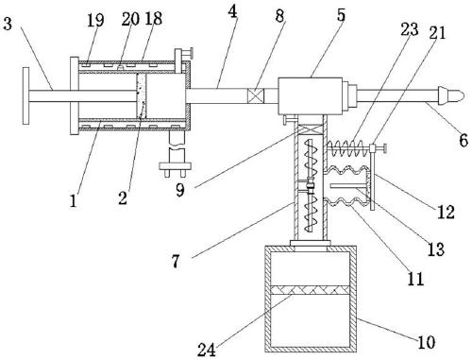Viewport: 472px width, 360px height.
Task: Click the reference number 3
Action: pos(8,24)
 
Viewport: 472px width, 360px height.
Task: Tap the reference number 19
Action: pos(95,21)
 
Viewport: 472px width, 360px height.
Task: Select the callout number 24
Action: pos(207,350)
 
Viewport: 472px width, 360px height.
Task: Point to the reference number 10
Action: pos(426,342)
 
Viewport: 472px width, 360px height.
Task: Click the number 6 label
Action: pos(464,140)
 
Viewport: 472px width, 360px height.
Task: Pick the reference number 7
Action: pos(176,261)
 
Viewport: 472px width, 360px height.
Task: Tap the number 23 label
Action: pos(410,29)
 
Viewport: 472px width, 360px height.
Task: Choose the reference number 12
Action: pos(446,213)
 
